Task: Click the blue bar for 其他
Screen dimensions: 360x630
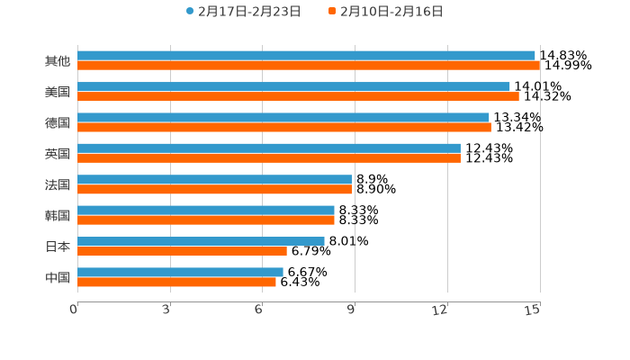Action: (x=306, y=56)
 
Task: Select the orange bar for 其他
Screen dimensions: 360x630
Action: (x=309, y=66)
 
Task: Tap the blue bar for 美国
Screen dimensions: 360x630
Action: (x=293, y=86)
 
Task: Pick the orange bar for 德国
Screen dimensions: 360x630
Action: (x=284, y=128)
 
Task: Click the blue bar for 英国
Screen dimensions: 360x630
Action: (x=269, y=148)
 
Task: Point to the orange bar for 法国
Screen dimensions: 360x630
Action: (x=214, y=190)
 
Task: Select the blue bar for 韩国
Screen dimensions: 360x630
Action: (x=206, y=211)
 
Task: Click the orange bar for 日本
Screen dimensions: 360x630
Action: (x=182, y=251)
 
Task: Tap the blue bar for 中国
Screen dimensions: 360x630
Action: (x=180, y=272)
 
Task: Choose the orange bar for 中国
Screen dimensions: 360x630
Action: (x=176, y=282)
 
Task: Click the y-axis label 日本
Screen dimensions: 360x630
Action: (x=58, y=247)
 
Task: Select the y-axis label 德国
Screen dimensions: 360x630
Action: (x=58, y=122)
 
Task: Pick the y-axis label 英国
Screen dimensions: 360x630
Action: (x=58, y=154)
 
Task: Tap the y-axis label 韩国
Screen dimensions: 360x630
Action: (x=58, y=216)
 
